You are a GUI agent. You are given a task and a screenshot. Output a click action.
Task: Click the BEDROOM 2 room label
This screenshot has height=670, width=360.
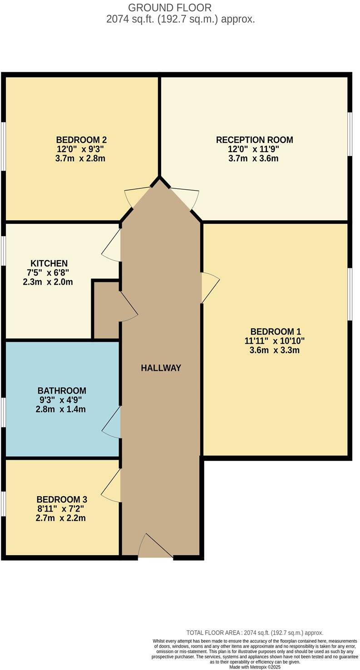coord(81,140)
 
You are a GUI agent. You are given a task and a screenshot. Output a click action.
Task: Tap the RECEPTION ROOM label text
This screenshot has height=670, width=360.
coord(254,140)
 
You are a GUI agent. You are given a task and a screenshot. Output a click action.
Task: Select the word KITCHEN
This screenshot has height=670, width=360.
coord(49,263)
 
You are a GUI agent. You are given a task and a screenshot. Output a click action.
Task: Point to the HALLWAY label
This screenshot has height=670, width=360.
coord(161,368)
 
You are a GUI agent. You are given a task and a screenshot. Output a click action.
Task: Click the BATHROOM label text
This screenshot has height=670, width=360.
coord(62,390)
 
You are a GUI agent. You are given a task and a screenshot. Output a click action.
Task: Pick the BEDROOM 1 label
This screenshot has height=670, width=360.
coord(275,331)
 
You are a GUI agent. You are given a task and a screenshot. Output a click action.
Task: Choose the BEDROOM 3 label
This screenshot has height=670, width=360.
coord(61,499)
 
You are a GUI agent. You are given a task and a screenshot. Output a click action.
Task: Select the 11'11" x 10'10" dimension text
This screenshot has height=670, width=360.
coord(275,341)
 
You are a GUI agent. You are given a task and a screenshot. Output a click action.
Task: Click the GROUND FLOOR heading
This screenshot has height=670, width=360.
coord(170,8)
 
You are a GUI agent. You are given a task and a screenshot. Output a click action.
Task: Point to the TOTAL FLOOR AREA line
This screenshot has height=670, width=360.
coord(255,632)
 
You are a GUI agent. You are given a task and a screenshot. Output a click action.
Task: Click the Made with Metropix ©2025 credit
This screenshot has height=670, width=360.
coord(255,667)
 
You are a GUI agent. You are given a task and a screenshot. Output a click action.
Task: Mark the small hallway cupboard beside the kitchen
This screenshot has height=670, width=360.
coord(106,310)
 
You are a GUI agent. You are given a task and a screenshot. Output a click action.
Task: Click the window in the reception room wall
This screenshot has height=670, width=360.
coord(350,134)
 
